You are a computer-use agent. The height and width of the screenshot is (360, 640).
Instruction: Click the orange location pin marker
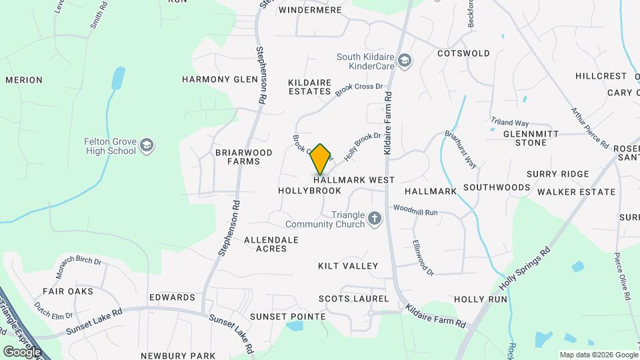coord(321,159)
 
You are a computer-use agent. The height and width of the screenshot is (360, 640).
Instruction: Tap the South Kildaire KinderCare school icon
coord(404,62)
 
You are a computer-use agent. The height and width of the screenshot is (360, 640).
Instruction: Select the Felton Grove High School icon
coord(147,145)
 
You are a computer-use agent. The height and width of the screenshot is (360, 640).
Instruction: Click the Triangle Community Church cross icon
coord(375,219)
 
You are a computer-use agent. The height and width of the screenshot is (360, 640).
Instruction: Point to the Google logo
coord(22,351)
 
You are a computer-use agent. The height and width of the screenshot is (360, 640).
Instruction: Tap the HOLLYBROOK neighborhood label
coord(309,191)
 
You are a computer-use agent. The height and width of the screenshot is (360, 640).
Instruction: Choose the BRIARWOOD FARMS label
coord(244,157)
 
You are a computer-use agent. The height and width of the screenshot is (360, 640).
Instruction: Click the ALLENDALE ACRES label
coord(271,244)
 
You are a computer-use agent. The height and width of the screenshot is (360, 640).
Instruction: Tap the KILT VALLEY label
coord(348,266)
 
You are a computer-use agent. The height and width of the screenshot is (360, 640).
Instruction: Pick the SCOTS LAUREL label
coord(353,299)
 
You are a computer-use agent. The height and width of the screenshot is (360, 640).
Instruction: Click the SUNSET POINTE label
coord(287,316)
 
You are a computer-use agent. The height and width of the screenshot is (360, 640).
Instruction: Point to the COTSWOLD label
coord(463,53)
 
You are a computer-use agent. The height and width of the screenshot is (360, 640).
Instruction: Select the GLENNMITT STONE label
coord(535,138)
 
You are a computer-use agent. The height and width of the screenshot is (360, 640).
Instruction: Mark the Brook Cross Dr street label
coord(359,90)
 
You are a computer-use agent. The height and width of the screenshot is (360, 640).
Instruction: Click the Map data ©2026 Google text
coord(598,355)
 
